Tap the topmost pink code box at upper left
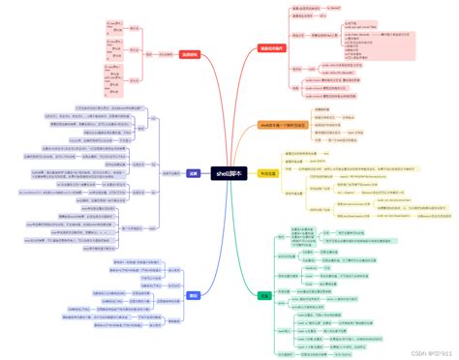click(x=113, y=22)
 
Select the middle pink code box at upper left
click(x=113, y=49)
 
